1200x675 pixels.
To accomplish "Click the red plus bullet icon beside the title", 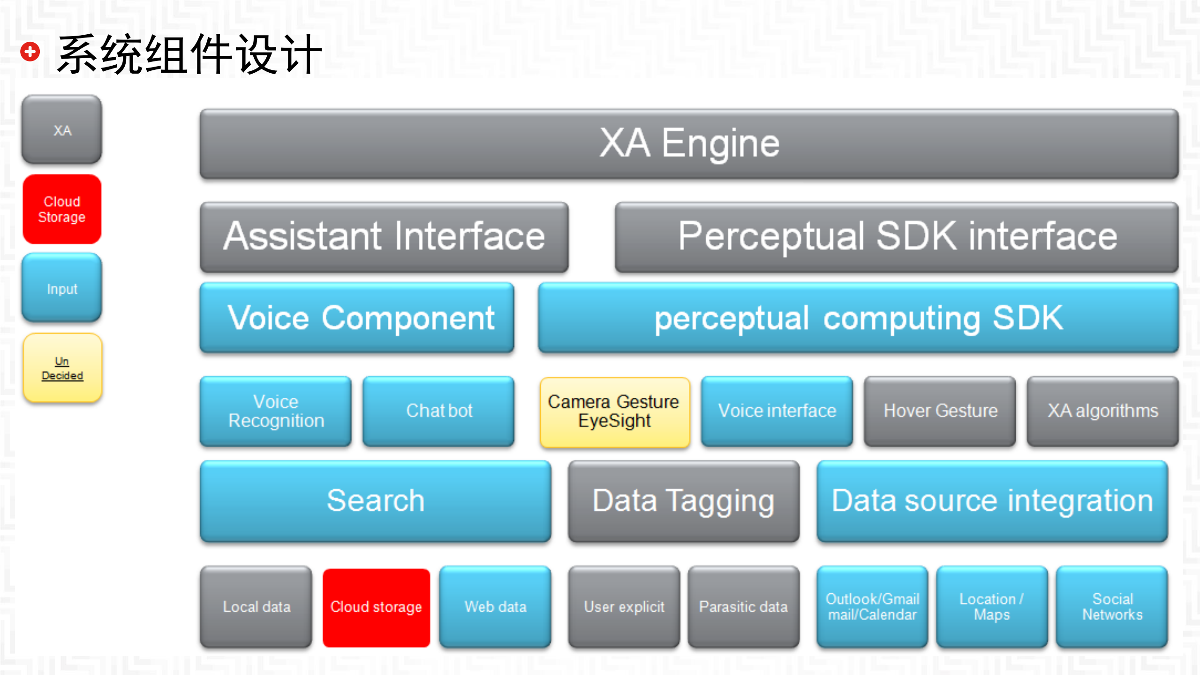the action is coord(30,52).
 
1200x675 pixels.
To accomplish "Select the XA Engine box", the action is coord(689,144).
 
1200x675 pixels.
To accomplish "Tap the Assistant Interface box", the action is coord(384,237).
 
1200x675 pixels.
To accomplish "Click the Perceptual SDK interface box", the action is coord(897,237).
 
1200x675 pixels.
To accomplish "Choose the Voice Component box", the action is coord(357,318).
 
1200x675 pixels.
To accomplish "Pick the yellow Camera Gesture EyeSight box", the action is coord(614,412).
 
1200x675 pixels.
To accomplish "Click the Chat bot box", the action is coord(438,411).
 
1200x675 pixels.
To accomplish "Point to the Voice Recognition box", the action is coord(276,411).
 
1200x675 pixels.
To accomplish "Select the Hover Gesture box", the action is coord(940,411).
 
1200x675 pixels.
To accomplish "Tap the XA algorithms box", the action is coord(1102,411).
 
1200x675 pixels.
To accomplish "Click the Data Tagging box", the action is coord(684,501).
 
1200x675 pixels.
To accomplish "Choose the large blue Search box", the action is coord(375,501).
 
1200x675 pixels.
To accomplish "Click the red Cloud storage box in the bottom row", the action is coord(376,607).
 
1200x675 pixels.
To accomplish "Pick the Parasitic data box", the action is coord(744,607).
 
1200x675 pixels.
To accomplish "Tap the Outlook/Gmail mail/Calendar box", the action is coord(872,607).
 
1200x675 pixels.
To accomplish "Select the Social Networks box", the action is coord(1112,607).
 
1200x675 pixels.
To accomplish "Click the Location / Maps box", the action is coord(992,607).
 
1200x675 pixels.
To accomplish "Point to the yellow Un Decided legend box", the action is coord(62,368).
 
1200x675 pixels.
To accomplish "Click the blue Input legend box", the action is coord(62,288).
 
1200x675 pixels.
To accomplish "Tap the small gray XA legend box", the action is coord(62,129).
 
